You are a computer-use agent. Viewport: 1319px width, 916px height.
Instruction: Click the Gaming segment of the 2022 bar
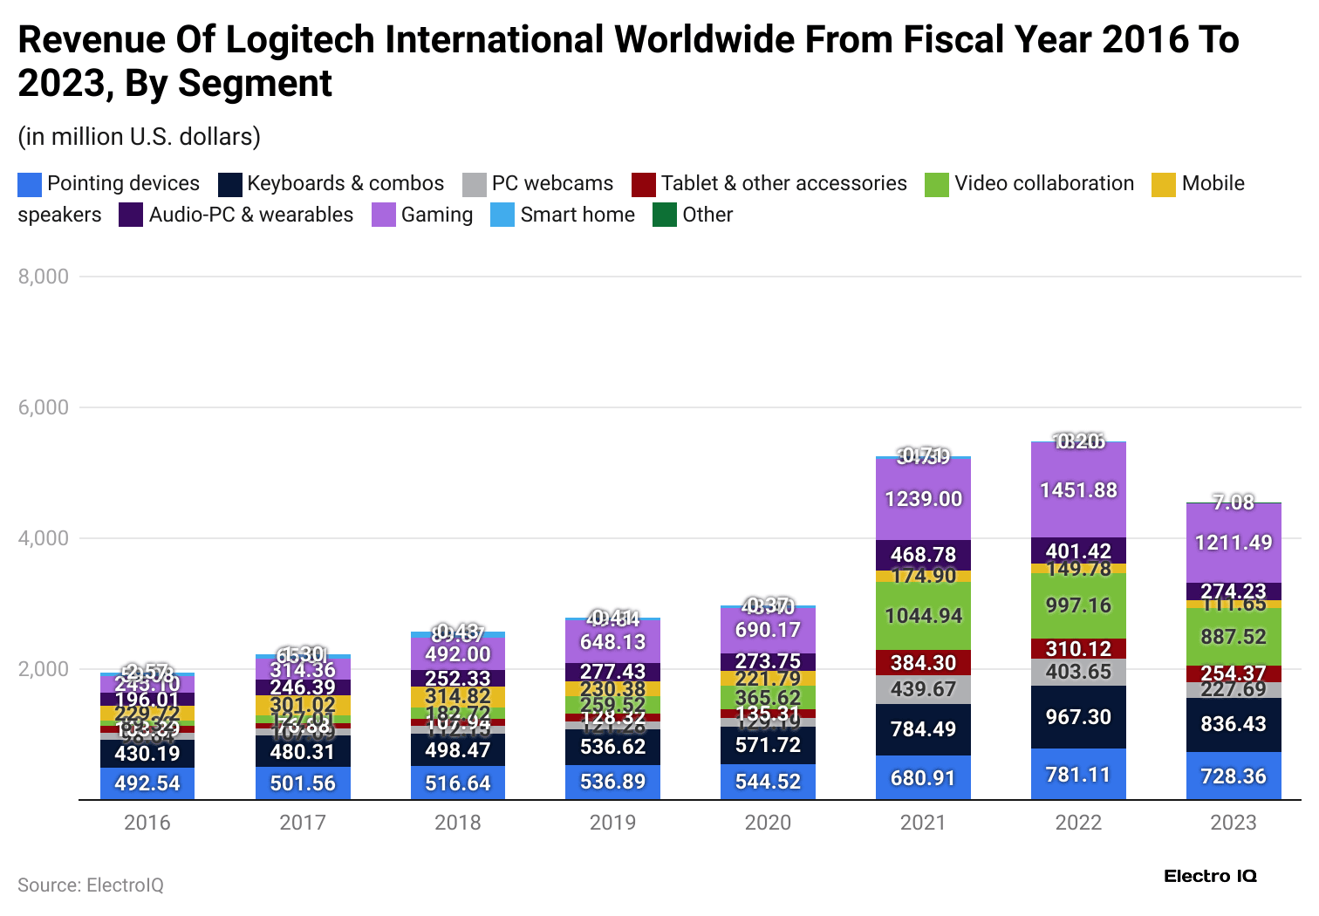click(1078, 490)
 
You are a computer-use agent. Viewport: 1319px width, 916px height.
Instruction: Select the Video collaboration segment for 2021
click(923, 616)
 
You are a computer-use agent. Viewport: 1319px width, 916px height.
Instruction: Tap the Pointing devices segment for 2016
click(147, 783)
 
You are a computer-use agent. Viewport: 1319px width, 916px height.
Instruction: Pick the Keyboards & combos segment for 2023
click(1234, 724)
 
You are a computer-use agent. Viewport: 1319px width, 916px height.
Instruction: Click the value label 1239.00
click(923, 499)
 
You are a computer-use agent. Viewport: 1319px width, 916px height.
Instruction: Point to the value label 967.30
click(1078, 717)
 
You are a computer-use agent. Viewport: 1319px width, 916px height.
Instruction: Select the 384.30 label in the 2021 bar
click(923, 663)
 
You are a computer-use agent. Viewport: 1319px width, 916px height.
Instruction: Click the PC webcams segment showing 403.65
click(1078, 672)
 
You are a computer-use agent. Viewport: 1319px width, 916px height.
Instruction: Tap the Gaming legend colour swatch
click(384, 215)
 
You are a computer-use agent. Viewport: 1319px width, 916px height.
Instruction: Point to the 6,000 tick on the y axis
click(44, 407)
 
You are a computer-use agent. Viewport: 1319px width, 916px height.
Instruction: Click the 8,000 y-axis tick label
click(44, 277)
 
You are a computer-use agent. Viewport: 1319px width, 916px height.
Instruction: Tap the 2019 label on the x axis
click(612, 823)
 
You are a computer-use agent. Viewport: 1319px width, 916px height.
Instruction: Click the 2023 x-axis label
click(1234, 823)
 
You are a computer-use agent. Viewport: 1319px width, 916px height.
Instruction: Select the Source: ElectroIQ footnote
click(91, 885)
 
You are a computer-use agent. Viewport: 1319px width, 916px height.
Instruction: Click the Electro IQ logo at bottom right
click(1210, 877)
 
